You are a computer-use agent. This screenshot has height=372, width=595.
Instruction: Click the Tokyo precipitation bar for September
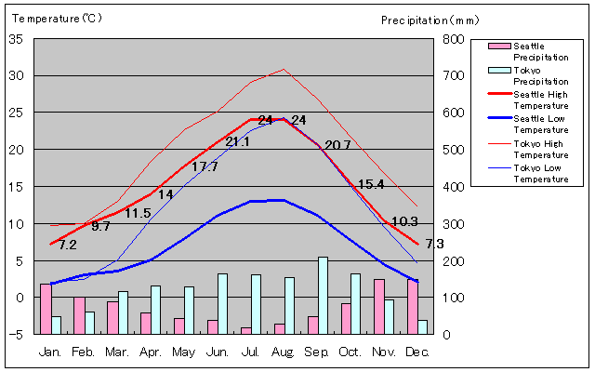[324, 295]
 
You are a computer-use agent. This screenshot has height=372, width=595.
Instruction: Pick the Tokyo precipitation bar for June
[223, 303]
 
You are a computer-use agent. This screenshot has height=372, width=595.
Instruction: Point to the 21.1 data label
[237, 142]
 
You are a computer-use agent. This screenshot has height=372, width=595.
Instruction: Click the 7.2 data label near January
[67, 246]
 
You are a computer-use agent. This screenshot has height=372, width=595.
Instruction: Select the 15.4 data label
[371, 185]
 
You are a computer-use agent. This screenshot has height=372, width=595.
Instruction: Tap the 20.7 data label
[337, 145]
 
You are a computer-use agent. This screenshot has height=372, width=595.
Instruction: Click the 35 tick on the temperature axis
[16, 39]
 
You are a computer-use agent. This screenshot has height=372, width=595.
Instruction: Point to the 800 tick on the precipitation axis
[453, 39]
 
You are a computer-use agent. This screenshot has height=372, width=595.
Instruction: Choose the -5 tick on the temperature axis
[16, 335]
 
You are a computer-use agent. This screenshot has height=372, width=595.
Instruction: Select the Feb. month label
[84, 352]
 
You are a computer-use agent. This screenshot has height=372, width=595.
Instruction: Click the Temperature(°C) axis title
[52, 18]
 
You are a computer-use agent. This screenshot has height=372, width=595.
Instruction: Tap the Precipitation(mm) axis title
[429, 20]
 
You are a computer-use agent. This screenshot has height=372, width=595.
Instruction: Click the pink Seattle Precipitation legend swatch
[499, 46]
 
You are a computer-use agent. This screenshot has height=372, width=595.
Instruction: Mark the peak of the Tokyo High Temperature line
[284, 69]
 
